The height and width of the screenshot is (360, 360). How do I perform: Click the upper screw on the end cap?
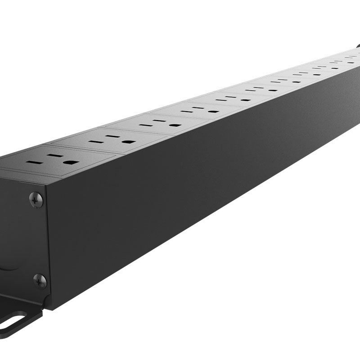(36, 199)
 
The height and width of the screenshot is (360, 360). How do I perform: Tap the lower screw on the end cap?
(40, 281)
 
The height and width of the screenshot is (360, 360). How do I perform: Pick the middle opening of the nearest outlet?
(55, 156)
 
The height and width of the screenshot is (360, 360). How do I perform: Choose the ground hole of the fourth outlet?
(213, 111)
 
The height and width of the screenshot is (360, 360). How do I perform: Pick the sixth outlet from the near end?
(261, 88)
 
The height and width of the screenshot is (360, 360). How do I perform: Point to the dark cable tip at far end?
(358, 45)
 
